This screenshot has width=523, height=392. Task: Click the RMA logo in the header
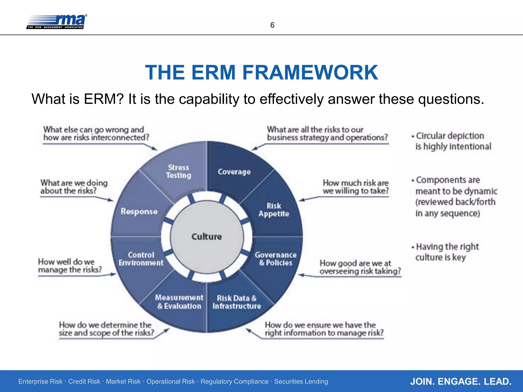(x=57, y=22)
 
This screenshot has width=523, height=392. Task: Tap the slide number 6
(x=272, y=25)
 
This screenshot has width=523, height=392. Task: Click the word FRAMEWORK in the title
(x=310, y=72)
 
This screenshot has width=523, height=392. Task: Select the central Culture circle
(x=207, y=237)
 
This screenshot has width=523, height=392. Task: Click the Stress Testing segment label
(x=179, y=171)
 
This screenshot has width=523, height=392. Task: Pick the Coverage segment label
(x=234, y=172)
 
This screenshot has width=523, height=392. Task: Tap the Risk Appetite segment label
(x=274, y=210)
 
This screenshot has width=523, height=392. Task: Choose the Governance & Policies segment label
(x=276, y=259)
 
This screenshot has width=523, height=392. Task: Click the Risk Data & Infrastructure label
(x=236, y=302)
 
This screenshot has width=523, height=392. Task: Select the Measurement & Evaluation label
(x=179, y=302)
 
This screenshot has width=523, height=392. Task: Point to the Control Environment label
(x=141, y=259)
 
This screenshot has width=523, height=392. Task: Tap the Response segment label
(x=139, y=212)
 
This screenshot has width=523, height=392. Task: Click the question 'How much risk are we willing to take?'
(x=355, y=187)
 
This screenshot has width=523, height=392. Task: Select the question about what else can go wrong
(x=96, y=133)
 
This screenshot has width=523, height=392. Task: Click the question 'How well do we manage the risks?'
(x=70, y=266)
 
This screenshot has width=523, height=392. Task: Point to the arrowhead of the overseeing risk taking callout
(x=300, y=275)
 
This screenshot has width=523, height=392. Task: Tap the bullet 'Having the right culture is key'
(x=447, y=252)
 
